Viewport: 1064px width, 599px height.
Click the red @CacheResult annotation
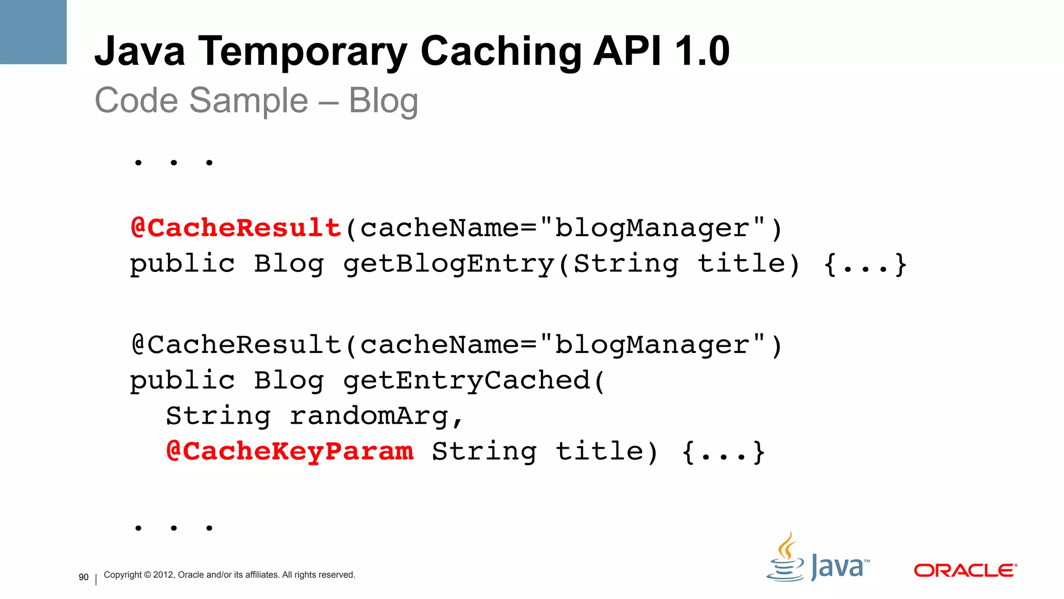pos(236,228)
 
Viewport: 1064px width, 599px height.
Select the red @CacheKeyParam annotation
pos(290,451)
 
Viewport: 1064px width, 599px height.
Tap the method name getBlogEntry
pos(449,264)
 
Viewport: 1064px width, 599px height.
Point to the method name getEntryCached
pos(467,381)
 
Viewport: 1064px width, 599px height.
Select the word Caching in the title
pos(501,52)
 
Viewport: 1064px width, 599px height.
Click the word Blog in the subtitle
pos(383,100)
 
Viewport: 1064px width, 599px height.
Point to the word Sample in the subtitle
pos(248,100)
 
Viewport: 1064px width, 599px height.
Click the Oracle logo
pos(965,570)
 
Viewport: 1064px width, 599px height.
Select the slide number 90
pos(84,577)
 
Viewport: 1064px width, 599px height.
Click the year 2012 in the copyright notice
pos(164,575)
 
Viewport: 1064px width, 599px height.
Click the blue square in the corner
pos(33,32)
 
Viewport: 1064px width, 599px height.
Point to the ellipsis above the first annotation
pos(174,163)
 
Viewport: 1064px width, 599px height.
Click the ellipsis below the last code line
pos(174,528)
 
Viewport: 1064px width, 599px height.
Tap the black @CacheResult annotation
pos(236,345)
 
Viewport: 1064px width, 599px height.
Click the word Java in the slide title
pos(140,52)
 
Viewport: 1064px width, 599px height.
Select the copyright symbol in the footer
pos(147,575)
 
